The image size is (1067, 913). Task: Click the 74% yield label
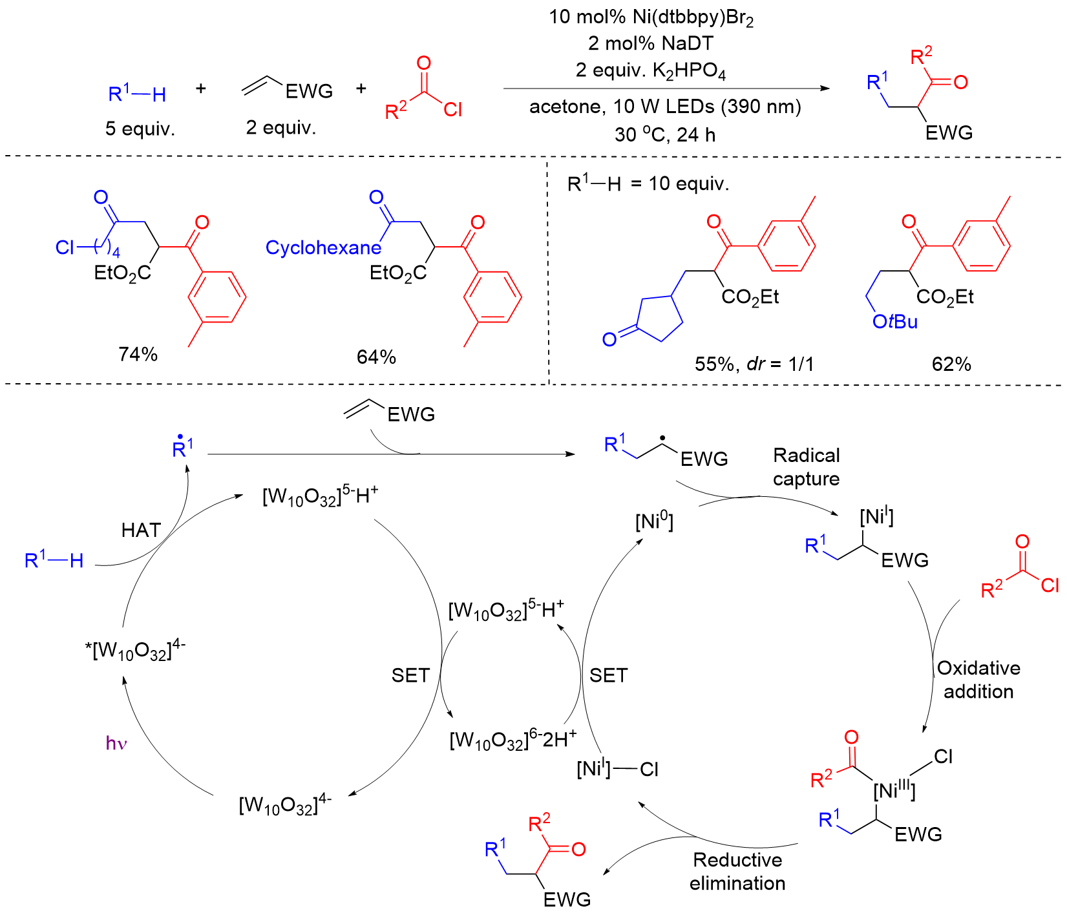(x=138, y=354)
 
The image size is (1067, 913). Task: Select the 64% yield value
(x=376, y=357)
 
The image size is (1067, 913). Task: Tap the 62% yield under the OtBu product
(x=951, y=364)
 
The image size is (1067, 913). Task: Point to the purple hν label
(x=116, y=743)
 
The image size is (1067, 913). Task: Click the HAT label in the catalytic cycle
(x=141, y=530)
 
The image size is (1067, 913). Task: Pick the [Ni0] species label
(x=654, y=521)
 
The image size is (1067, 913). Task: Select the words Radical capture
(x=807, y=467)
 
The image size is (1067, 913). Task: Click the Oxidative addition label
(x=978, y=680)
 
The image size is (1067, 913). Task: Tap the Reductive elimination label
(x=737, y=872)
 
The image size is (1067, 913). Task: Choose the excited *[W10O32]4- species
(x=135, y=649)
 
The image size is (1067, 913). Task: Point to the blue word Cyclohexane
(x=323, y=248)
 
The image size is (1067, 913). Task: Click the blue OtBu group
(x=895, y=322)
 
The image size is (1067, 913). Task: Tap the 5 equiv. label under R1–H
(x=140, y=129)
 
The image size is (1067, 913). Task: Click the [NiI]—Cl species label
(x=617, y=769)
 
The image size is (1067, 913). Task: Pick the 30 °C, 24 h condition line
(x=665, y=134)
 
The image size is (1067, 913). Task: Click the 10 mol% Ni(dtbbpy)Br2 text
(x=651, y=17)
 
